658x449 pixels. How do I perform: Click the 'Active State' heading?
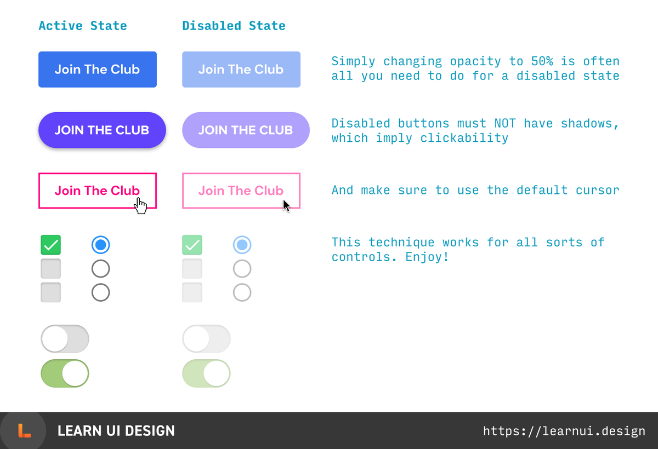[83, 26]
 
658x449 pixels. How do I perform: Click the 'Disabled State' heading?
[234, 26]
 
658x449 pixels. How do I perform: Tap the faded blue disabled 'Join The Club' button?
[241, 70]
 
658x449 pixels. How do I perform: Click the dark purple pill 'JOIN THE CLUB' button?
[101, 130]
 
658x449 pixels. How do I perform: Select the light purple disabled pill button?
[246, 130]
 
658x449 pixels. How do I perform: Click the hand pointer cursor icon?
[141, 206]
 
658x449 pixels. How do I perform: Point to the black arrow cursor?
[286, 205]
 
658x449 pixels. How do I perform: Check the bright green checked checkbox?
[50, 245]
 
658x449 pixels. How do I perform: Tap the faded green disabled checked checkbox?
[192, 245]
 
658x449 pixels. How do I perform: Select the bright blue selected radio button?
[100, 245]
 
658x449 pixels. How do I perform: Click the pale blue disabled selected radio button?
[242, 245]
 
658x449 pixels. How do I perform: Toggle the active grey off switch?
[65, 339]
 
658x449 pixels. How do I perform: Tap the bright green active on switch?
[65, 373]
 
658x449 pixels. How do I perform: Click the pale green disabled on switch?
[206, 373]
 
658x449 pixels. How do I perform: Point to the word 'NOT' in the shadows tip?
[505, 123]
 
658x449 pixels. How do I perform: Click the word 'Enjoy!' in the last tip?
[427, 256]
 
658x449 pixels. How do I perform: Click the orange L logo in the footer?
[24, 431]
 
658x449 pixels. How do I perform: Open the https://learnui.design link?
[564, 431]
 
